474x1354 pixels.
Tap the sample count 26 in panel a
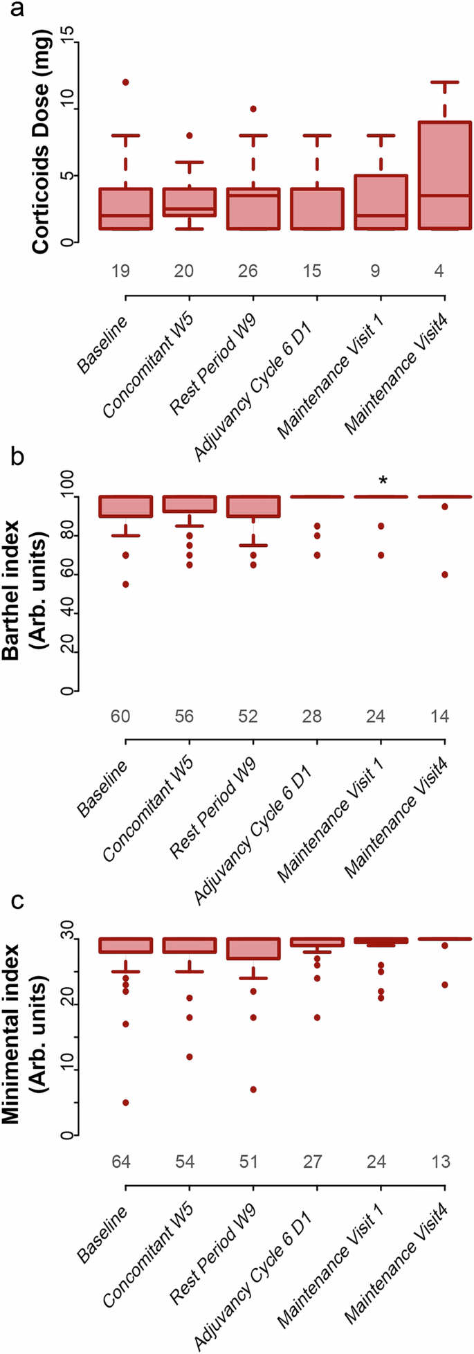tap(248, 271)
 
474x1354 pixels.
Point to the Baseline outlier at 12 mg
tap(126, 82)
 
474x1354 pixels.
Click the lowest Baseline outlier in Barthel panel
tap(126, 584)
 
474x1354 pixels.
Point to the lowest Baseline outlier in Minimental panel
tap(126, 1102)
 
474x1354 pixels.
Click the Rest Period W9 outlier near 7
tap(253, 1089)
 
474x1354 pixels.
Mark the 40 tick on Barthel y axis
tap(68, 613)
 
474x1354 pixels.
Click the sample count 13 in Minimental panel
tap(440, 1161)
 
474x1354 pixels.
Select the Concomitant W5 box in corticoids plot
tap(190, 202)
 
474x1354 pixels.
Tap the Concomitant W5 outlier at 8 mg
tap(190, 136)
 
